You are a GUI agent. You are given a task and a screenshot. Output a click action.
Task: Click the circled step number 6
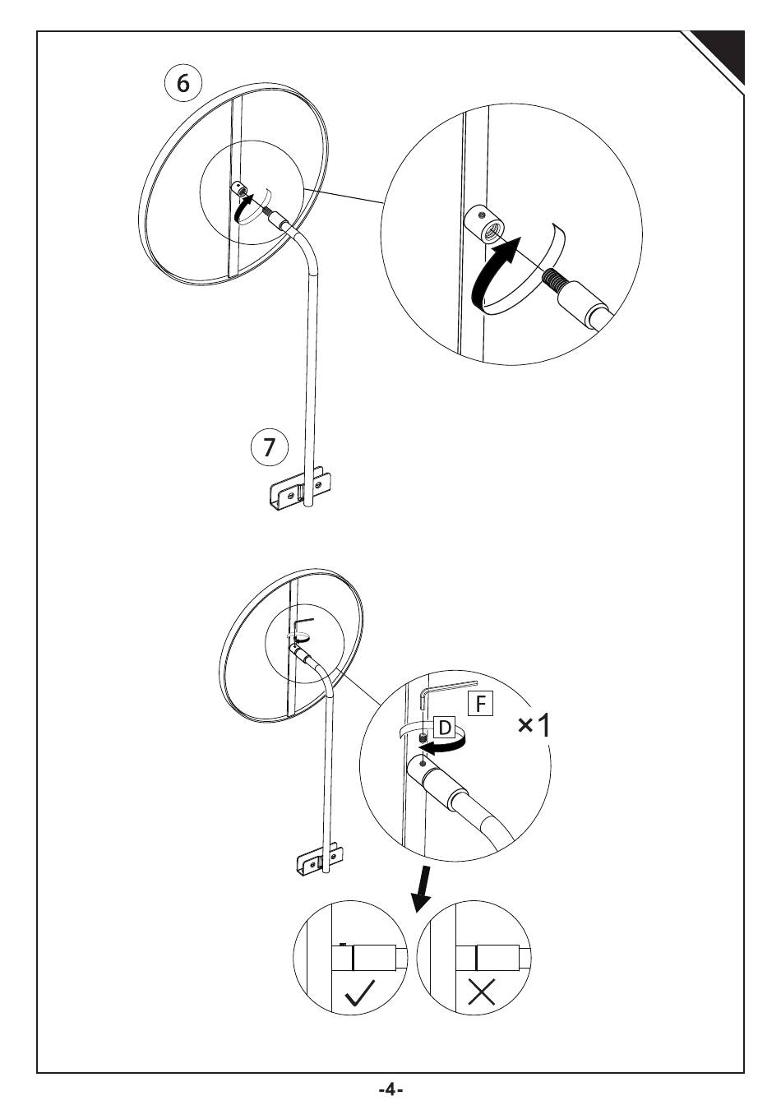pos(183,83)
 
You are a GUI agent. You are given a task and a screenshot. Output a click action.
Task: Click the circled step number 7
pos(270,447)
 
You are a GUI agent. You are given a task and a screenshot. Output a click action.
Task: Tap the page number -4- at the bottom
pos(390,1089)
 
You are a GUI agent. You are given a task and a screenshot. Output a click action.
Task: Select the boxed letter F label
pos(479,704)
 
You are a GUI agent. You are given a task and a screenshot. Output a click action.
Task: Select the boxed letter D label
pos(444,728)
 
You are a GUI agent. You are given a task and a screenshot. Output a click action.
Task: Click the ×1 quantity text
pos(535,725)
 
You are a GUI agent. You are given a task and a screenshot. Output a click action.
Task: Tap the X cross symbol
pos(482,993)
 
